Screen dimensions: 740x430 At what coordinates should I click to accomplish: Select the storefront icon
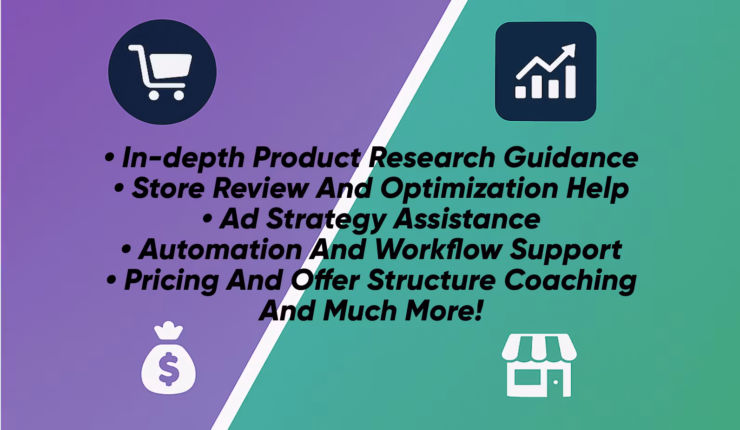[x=539, y=365]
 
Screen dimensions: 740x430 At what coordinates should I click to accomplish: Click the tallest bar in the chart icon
[x=570, y=82]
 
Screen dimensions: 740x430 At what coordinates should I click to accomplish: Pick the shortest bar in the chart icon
[x=520, y=92]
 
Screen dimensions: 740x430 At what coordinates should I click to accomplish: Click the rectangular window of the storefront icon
[x=528, y=377]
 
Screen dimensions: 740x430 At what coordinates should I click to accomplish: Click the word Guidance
[x=570, y=157]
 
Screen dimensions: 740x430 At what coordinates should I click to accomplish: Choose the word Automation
[x=220, y=250]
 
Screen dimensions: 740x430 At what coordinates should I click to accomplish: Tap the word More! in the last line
[x=444, y=310]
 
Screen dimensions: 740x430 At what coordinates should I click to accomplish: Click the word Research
[x=431, y=157]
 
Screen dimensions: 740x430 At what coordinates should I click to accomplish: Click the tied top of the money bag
[x=168, y=330]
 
